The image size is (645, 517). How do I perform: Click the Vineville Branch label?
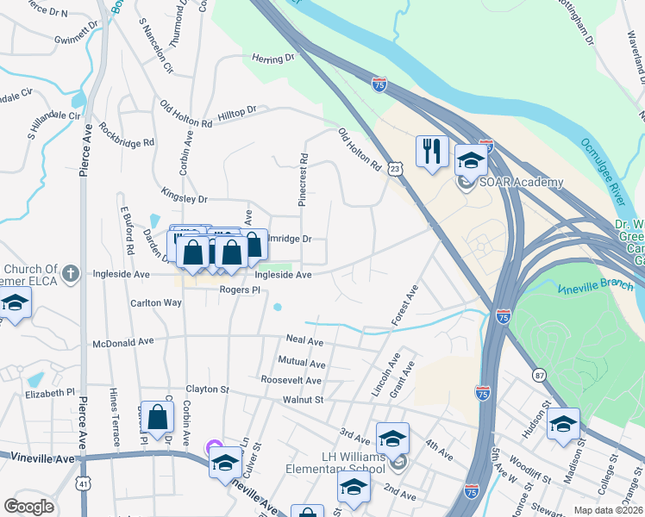(596, 287)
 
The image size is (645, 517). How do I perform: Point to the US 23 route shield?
(395, 170)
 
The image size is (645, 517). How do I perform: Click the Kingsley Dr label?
(185, 198)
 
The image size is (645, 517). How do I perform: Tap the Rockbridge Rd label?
(126, 131)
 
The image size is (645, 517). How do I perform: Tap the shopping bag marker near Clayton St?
(157, 417)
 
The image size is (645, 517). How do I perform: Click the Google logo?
(28, 506)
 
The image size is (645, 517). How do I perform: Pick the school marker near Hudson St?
(563, 424)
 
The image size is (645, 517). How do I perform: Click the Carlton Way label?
(155, 303)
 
